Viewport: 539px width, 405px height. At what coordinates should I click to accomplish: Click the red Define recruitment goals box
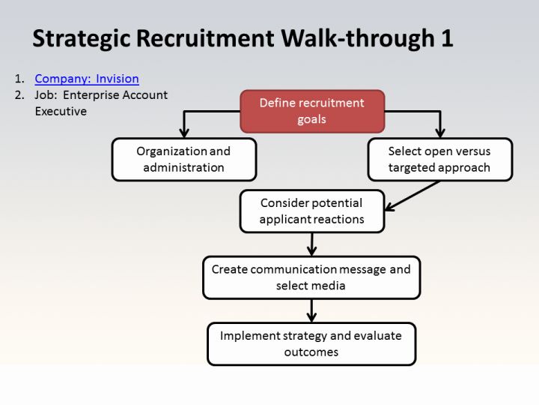point(312,111)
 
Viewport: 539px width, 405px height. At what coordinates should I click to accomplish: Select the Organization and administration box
point(184,160)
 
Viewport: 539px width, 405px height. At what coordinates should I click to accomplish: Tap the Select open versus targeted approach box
point(440,160)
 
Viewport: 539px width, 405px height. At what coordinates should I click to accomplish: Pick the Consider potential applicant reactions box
point(312,211)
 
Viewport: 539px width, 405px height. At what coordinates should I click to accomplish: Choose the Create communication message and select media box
point(311,277)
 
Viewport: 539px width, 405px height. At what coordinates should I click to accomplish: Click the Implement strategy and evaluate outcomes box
point(311,343)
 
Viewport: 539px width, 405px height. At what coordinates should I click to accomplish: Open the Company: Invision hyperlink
point(87,79)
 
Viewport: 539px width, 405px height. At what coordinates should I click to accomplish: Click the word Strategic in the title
point(82,38)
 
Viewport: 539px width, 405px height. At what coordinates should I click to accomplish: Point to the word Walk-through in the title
point(358,38)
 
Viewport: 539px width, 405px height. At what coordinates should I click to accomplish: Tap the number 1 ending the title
point(447,38)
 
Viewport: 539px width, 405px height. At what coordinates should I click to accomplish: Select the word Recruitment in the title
point(205,38)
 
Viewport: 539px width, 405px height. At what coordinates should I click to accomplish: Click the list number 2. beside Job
point(19,94)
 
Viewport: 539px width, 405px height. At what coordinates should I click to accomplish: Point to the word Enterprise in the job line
point(91,95)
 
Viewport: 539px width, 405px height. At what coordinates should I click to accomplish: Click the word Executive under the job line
point(61,111)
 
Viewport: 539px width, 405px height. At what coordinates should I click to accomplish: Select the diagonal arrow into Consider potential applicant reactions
point(412,196)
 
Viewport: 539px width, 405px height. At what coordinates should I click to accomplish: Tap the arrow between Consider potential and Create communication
point(311,244)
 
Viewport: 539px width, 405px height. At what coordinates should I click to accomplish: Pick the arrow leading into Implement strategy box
point(311,310)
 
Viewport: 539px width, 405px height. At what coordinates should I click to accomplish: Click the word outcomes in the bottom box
point(311,352)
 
